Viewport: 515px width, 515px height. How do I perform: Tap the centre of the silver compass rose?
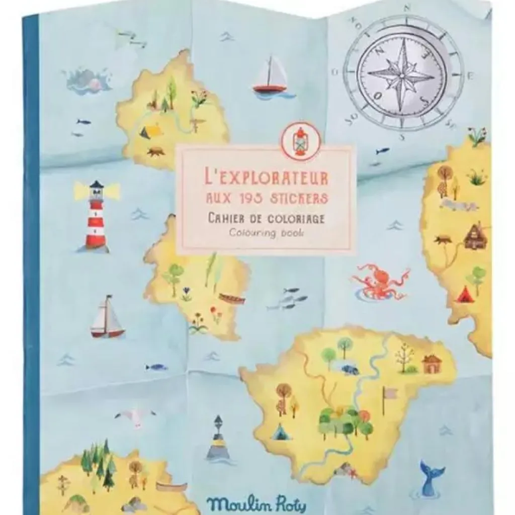402,76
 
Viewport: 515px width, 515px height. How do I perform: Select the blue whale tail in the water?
431,478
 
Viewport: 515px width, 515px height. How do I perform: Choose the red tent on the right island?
465,294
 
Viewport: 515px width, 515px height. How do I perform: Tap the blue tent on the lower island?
279,431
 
